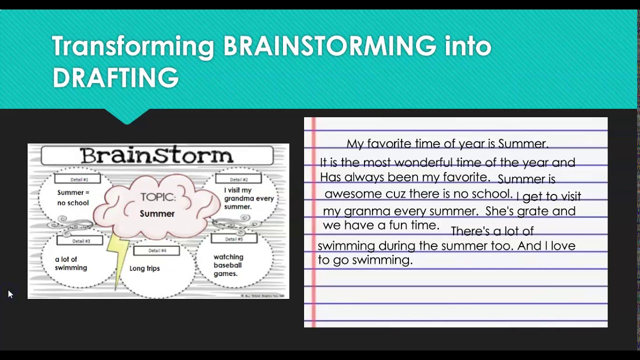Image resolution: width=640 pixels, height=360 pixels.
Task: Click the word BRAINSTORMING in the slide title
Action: click(x=329, y=46)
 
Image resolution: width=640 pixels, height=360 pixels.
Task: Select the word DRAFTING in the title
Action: click(x=115, y=78)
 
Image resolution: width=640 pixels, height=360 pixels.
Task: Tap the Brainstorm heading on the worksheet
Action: click(x=156, y=155)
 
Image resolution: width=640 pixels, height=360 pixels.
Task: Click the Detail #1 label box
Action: click(x=77, y=179)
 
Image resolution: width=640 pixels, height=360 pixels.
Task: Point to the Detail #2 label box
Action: click(x=238, y=179)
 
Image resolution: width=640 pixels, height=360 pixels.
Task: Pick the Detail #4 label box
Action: click(x=156, y=250)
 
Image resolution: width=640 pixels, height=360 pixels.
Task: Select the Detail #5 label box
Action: click(x=233, y=239)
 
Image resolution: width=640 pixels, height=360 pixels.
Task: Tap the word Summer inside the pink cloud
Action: click(x=157, y=213)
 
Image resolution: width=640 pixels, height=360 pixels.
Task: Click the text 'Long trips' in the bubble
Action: click(x=144, y=268)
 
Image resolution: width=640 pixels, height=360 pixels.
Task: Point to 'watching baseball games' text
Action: click(x=228, y=265)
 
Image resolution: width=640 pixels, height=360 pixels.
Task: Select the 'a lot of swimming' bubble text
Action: click(x=70, y=263)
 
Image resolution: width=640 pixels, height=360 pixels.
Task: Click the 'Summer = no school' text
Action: click(x=73, y=197)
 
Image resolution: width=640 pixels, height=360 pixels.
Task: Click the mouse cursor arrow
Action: click(x=10, y=294)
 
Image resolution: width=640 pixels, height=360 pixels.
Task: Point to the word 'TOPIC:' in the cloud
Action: click(x=157, y=197)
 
